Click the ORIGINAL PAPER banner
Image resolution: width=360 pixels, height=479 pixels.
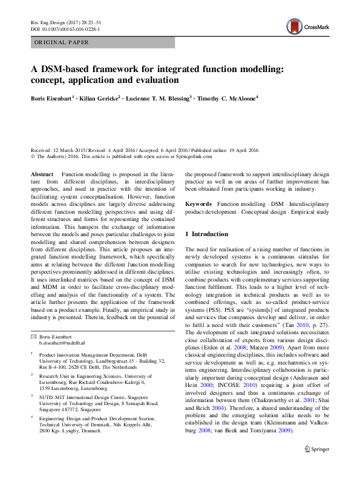pos(62,42)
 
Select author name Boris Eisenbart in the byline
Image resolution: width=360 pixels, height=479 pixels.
pos(53,97)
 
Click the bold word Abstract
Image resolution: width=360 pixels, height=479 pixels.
pos(42,174)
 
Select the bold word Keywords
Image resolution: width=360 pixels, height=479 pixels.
pos(199,205)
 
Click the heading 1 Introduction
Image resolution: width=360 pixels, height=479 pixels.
pos(206,234)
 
